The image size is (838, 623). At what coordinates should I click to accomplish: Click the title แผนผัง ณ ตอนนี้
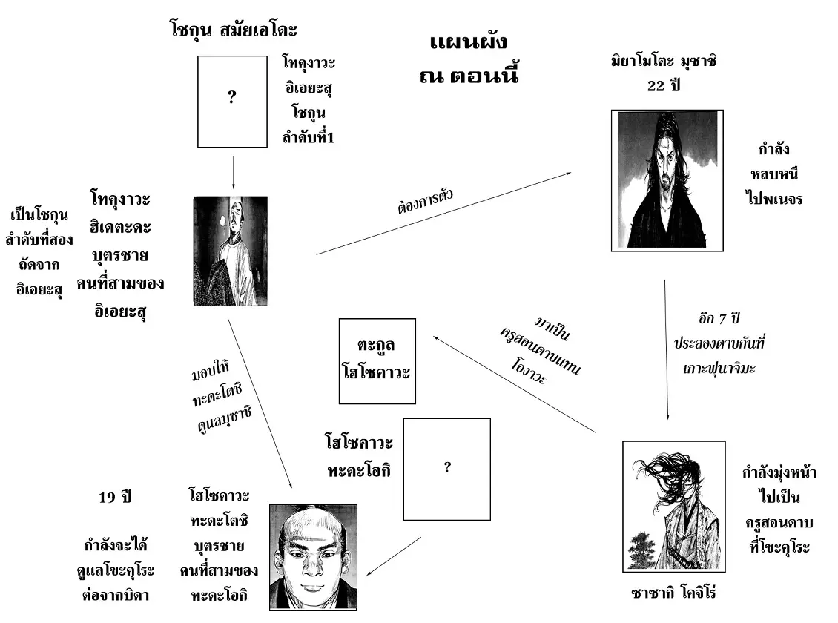[473, 58]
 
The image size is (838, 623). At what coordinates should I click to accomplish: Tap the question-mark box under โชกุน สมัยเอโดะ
[231, 102]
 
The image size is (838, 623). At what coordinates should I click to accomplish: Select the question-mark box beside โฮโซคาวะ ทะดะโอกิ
[446, 469]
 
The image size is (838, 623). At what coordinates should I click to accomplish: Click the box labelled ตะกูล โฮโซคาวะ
[376, 360]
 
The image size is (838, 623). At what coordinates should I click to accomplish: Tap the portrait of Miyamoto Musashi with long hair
[667, 180]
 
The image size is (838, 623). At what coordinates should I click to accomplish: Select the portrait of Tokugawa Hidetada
[230, 251]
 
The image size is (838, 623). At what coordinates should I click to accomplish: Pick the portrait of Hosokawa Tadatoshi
[312, 556]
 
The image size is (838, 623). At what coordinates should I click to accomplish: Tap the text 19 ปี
[115, 497]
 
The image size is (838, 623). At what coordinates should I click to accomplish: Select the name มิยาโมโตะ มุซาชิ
[663, 62]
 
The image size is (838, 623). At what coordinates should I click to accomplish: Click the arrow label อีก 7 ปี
[715, 320]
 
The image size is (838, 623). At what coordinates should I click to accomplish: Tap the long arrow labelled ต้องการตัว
[445, 214]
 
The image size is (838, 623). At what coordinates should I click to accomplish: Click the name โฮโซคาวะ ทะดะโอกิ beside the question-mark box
[358, 457]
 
